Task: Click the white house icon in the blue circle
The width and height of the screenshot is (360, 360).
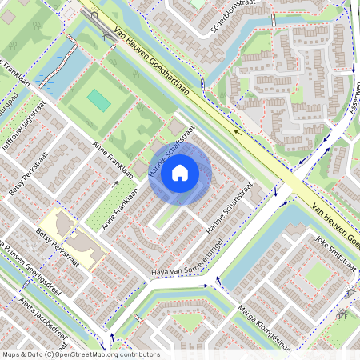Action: [x=180, y=171]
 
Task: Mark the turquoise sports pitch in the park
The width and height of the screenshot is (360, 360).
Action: [x=100, y=100]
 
